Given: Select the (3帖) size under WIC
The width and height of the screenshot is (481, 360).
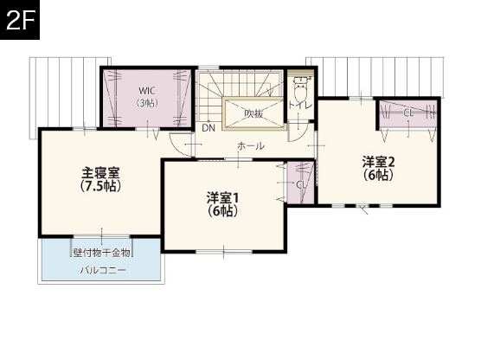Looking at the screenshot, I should click(x=146, y=103).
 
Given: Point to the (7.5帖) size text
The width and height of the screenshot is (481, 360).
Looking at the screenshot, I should click(x=99, y=185).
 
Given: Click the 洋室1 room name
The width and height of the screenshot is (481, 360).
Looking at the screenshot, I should click(x=222, y=196).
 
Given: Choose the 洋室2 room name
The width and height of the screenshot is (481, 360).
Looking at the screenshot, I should click(x=378, y=161).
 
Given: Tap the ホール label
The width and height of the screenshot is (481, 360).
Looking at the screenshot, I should click(x=251, y=146).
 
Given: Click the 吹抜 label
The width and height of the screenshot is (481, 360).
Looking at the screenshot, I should click(x=253, y=113).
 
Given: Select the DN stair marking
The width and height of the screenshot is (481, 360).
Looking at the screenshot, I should click(x=208, y=128).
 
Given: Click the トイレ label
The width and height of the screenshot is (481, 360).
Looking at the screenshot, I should click(x=300, y=106).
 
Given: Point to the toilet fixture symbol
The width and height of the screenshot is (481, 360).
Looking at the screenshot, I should click(x=300, y=86).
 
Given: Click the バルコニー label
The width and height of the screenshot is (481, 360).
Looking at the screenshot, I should click(x=103, y=271).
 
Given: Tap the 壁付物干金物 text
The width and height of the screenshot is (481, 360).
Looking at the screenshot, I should click(x=101, y=254).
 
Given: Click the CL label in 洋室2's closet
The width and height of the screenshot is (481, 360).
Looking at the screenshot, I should click(x=407, y=113).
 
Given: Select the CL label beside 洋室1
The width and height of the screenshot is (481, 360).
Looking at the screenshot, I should click(x=301, y=184).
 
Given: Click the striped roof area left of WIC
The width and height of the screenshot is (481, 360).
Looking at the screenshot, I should click(x=65, y=92).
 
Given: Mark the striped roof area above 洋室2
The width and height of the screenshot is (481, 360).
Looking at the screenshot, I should click(x=374, y=76).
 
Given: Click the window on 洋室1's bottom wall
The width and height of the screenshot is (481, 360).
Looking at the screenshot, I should click(x=222, y=251).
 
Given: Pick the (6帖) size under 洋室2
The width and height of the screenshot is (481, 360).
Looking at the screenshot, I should click(x=378, y=174).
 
